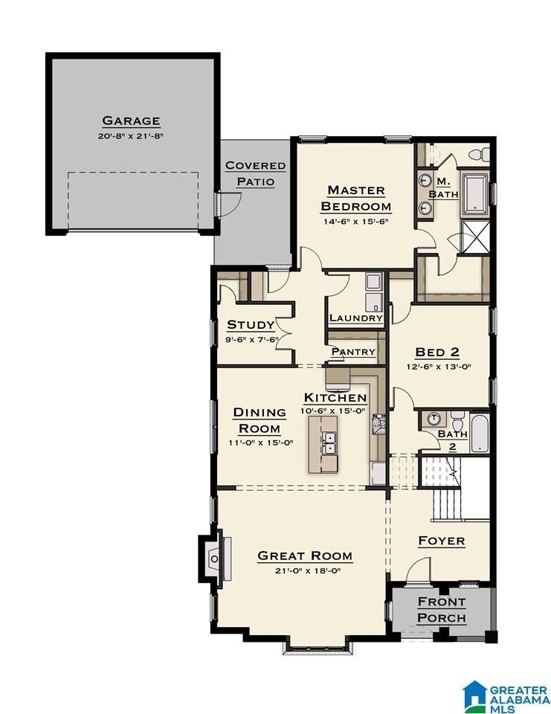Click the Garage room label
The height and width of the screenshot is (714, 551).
[x=131, y=120]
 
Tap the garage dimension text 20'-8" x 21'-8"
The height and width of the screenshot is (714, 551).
[x=131, y=135]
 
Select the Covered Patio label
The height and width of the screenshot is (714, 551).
[x=256, y=173]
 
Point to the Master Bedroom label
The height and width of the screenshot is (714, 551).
[x=355, y=198]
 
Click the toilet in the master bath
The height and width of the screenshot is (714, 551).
[x=478, y=154]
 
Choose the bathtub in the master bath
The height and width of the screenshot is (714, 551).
[x=475, y=194]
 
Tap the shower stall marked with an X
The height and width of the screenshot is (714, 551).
[x=475, y=236]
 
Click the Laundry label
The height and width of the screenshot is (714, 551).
[x=355, y=318]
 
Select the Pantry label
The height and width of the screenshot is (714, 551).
[x=353, y=352]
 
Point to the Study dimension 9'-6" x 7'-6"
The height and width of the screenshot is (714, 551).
[x=251, y=339]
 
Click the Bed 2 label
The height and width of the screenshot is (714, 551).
[x=437, y=352]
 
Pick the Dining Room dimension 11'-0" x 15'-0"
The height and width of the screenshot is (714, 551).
[x=260, y=442]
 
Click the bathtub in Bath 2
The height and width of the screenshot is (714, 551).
[x=479, y=432]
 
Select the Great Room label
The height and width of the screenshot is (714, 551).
[x=305, y=556]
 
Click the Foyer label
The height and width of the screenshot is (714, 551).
[x=441, y=541]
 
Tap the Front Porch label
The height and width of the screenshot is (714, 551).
[x=441, y=610]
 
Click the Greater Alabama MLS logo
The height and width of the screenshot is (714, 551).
[x=506, y=696]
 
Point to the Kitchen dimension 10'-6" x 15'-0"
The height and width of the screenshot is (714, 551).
[x=333, y=411]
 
